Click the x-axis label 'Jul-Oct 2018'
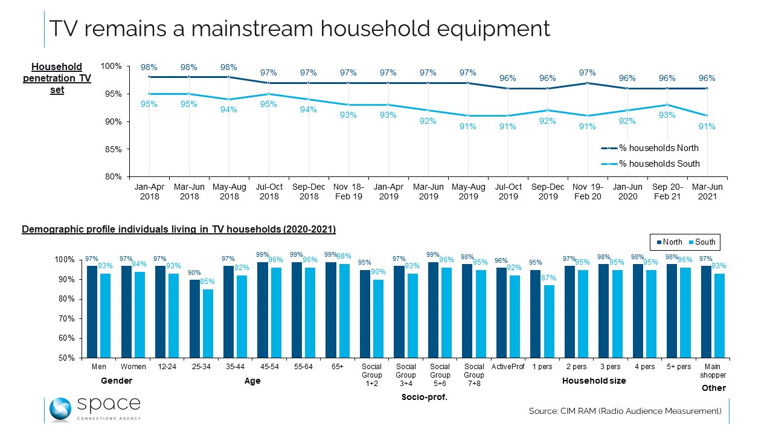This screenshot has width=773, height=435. [x=269, y=192]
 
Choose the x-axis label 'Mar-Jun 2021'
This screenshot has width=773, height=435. [x=707, y=192]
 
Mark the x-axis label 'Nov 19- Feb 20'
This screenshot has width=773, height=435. [x=588, y=192]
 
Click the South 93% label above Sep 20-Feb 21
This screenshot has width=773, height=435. [x=667, y=115]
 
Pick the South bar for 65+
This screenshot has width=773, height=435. [x=344, y=311]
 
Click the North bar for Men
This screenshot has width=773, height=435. [x=92, y=312]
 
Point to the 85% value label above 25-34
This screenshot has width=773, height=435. [x=207, y=282]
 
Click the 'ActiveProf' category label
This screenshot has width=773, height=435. [x=508, y=367]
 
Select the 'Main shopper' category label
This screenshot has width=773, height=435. [x=713, y=370]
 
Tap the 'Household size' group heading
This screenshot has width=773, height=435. [x=594, y=381]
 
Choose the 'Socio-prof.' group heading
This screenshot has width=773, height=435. [x=424, y=397]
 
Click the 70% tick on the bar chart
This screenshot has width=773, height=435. [x=67, y=318]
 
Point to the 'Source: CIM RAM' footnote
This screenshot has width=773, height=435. [x=625, y=411]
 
